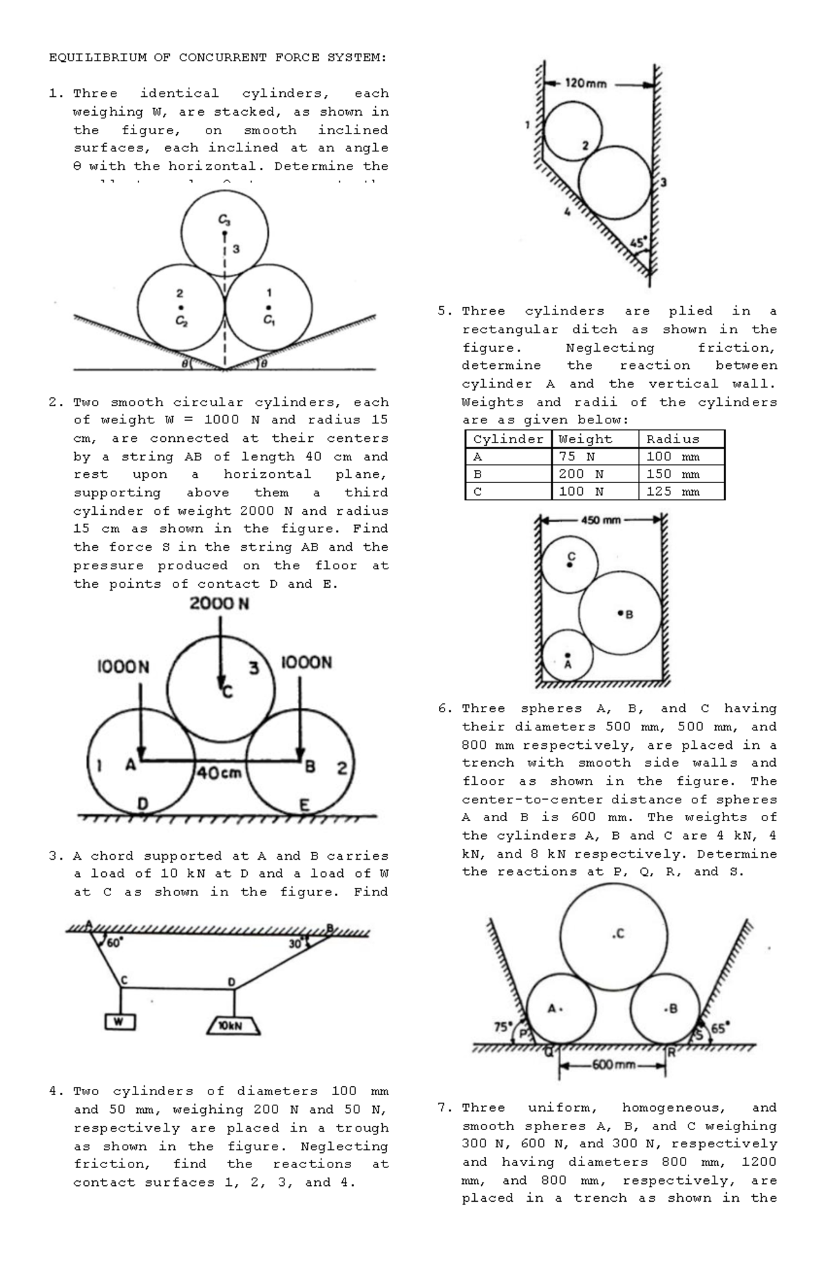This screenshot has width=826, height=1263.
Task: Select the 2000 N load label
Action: tap(220, 604)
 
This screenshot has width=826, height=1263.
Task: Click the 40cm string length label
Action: tap(220, 773)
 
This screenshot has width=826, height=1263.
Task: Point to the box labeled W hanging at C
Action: tap(120, 1022)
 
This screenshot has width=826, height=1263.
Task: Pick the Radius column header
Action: tap(673, 439)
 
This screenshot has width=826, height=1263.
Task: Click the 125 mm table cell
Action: tap(673, 491)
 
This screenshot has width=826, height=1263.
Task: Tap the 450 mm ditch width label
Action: tap(601, 520)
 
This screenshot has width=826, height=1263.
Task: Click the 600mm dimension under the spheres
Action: tap(614, 1065)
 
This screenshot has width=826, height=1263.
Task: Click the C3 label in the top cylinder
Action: tap(224, 220)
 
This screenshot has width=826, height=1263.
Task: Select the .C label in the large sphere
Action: tap(618, 933)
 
